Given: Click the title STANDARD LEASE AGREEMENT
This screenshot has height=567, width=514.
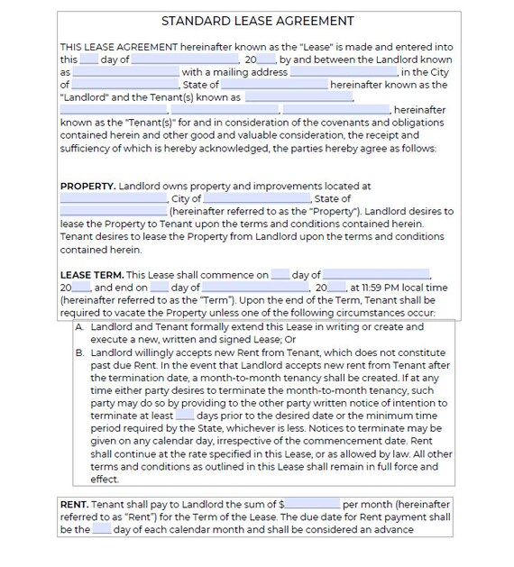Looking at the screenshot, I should click(x=257, y=21).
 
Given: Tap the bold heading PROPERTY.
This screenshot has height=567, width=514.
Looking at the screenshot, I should click(x=87, y=187).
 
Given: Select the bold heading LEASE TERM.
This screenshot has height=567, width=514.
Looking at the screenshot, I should click(x=92, y=275).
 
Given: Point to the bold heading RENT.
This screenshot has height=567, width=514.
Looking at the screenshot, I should click(x=73, y=505).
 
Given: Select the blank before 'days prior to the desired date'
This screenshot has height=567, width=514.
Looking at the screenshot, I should click(x=185, y=416).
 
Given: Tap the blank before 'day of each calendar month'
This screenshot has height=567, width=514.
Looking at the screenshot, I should click(x=102, y=530).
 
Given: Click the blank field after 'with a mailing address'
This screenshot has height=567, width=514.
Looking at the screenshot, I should click(x=344, y=72).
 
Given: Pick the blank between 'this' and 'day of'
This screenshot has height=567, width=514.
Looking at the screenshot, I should click(x=88, y=59).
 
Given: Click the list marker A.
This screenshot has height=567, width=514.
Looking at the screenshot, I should click(x=80, y=327).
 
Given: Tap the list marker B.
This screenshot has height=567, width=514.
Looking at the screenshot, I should click(x=80, y=353).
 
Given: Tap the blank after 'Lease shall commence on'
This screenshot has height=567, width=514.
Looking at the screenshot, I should click(x=280, y=275).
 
